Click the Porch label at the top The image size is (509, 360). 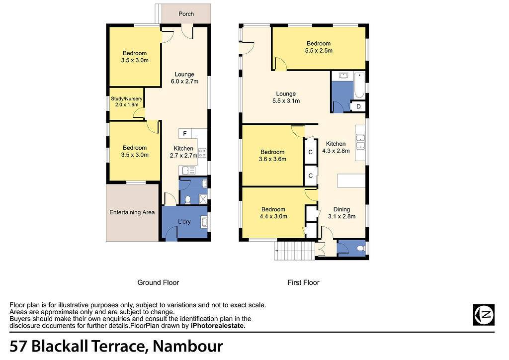click(186, 14)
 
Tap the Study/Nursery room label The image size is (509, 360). click(127, 98)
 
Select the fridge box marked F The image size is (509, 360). click(185, 133)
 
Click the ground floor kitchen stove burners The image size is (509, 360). click(202, 153)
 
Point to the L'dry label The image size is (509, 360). click(184, 222)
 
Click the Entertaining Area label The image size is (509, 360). click(132, 212)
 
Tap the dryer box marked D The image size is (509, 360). click(358, 106)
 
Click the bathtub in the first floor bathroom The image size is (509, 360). click(359, 86)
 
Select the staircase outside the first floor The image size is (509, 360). click(294, 251)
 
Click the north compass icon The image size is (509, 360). click(484, 315)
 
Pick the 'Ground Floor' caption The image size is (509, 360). click(158, 282)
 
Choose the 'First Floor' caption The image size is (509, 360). click(304, 282)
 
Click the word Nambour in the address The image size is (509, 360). click(187, 346)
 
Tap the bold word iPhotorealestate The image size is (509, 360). click(218, 326)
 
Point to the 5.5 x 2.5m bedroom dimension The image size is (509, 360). click(319, 51)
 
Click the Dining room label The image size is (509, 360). click(341, 209)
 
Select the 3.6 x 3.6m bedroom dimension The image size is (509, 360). click(273, 159)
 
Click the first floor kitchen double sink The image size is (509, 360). click(360, 141)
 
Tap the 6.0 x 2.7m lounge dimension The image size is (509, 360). click(185, 82)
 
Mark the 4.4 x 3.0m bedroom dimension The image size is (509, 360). click(273, 216)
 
